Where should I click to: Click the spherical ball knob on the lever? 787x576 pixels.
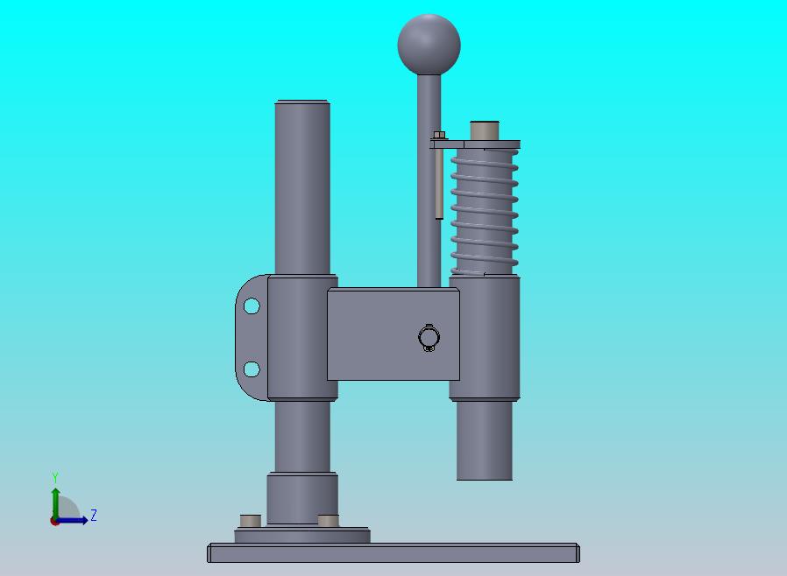[429, 44]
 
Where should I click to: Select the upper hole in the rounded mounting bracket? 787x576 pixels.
[252, 306]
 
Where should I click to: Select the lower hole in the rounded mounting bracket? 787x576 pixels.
[252, 369]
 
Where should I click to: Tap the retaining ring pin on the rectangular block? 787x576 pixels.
[429, 337]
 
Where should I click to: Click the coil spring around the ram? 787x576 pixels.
[485, 213]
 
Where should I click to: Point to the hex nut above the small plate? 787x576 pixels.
[439, 135]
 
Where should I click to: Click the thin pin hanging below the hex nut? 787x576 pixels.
[439, 184]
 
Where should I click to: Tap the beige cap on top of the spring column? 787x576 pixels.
[485, 130]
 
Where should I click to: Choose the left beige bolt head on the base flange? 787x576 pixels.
[251, 520]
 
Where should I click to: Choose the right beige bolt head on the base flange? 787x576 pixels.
[329, 520]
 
